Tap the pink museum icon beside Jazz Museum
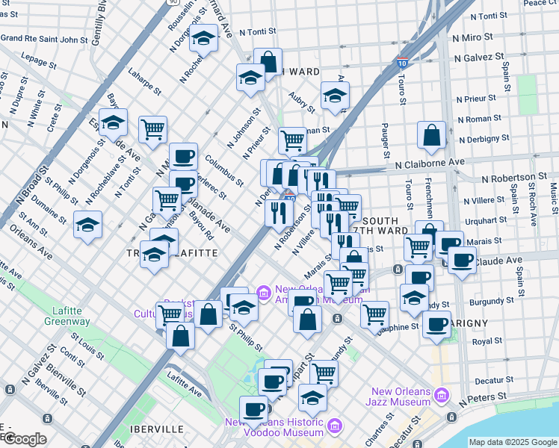442,393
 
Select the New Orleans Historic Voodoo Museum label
276,428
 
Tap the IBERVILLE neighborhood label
157,429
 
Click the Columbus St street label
225,169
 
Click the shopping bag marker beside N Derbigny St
432,136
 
